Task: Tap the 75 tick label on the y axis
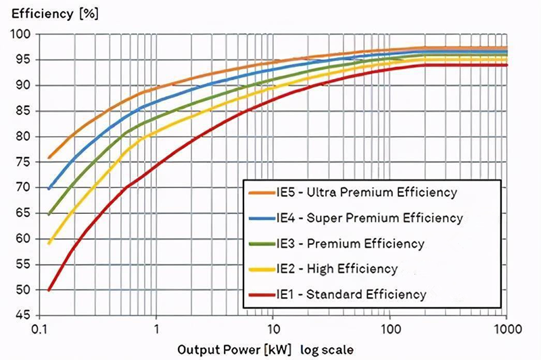(24, 162)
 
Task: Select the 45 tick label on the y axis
(24, 316)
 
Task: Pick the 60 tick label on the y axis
(24, 239)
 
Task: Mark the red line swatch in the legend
(258, 294)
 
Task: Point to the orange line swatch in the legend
(258, 192)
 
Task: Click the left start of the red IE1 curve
(49, 290)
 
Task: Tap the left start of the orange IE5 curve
(49, 158)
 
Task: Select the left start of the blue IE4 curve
(49, 188)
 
